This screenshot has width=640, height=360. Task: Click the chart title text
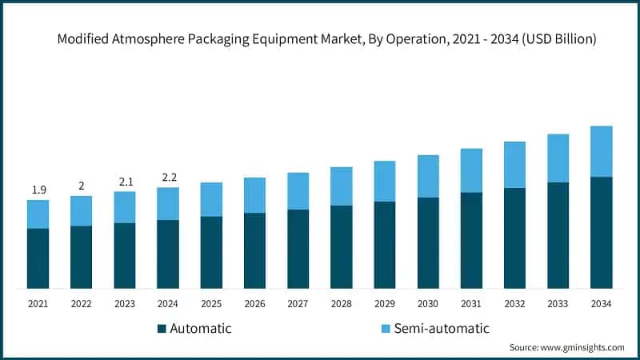(320, 39)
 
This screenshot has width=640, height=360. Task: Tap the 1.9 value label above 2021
(38, 190)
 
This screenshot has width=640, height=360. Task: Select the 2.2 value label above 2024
(168, 177)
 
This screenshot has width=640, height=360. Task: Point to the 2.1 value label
(125, 182)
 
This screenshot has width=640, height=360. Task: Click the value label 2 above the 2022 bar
(81, 186)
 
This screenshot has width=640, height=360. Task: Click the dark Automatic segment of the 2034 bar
(601, 232)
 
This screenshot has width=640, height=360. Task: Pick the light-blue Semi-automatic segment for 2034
(601, 151)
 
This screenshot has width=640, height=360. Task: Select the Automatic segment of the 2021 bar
(38, 258)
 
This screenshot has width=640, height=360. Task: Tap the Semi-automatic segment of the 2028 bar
(342, 186)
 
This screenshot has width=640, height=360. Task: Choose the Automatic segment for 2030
(428, 242)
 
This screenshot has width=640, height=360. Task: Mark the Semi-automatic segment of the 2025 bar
(211, 199)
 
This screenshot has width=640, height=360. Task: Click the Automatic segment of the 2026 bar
(254, 250)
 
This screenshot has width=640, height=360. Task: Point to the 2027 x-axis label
(298, 304)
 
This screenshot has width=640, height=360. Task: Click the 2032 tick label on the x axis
(514, 304)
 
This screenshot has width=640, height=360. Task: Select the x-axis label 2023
(125, 304)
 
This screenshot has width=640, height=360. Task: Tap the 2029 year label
(385, 304)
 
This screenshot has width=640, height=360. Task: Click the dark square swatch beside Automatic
(162, 329)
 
